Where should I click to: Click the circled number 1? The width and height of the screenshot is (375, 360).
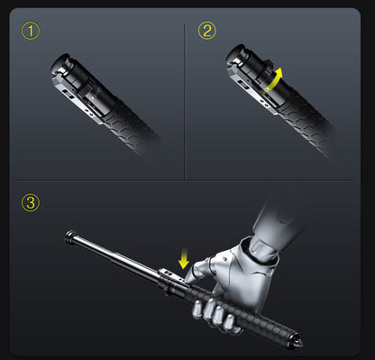[32, 32]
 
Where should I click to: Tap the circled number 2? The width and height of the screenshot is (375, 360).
[207, 32]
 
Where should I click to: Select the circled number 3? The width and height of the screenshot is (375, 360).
[32, 202]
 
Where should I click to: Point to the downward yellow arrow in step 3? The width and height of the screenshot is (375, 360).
[184, 260]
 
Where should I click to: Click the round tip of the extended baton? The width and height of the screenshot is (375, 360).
[70, 236]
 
